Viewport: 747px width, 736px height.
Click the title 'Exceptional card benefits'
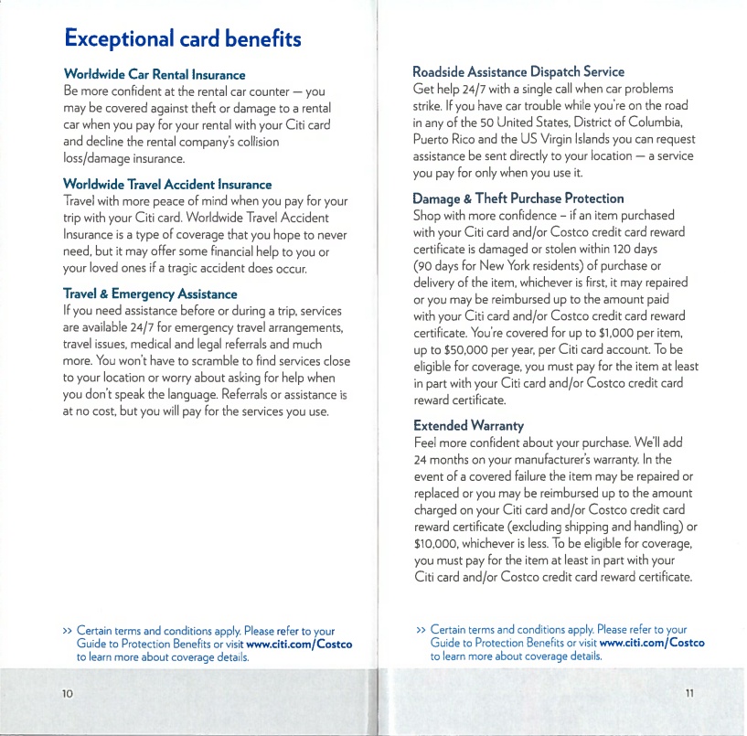(182, 38)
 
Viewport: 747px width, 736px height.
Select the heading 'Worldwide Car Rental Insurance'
(155, 74)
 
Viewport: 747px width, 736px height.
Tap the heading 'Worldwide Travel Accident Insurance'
(167, 184)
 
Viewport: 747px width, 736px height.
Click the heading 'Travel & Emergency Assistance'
(149, 293)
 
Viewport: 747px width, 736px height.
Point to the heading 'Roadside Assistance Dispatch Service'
(518, 71)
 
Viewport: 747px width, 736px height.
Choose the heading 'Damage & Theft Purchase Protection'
(518, 197)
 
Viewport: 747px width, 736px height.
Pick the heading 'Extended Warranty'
(468, 425)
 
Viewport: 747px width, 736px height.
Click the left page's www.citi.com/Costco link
(300, 645)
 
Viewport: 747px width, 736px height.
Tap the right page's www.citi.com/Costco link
(651, 643)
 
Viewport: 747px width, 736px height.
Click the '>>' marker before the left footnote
(67, 631)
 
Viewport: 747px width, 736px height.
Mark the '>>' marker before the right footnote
(420, 630)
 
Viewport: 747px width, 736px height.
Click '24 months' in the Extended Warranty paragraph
(454, 460)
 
